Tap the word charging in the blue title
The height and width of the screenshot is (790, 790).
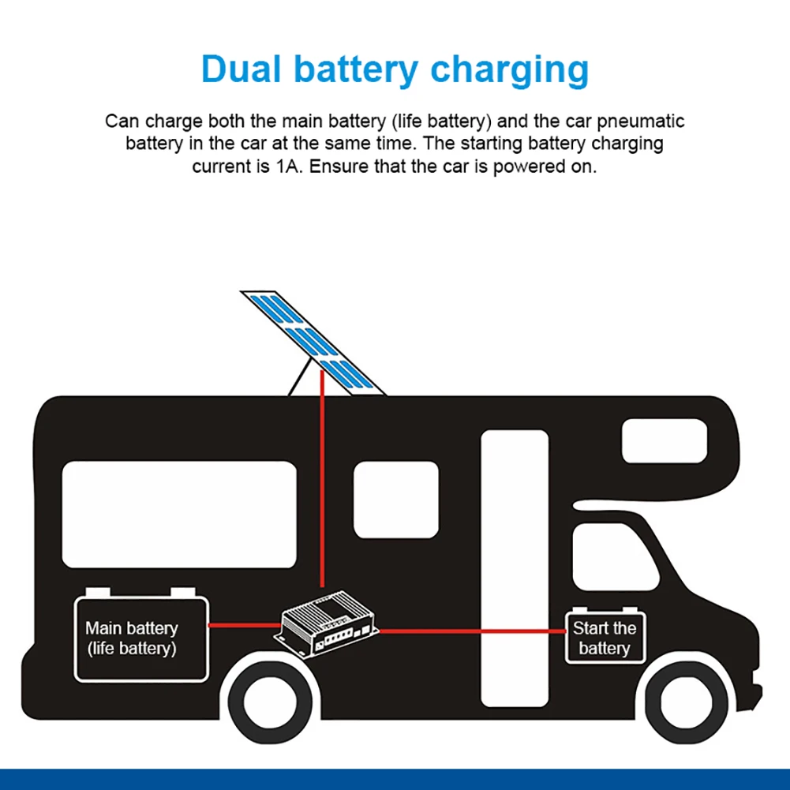click(510, 71)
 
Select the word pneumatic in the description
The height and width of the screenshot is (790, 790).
click(636, 122)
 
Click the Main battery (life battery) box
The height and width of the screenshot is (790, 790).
click(140, 638)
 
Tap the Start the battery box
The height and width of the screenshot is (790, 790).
click(605, 638)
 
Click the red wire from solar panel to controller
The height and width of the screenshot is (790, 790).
click(322, 489)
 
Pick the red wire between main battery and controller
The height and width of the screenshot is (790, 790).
click(244, 625)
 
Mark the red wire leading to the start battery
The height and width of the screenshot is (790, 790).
click(474, 631)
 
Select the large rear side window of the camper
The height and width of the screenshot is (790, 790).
click(179, 515)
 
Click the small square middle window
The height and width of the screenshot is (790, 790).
click(395, 500)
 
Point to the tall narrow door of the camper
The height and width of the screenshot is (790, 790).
click(515, 568)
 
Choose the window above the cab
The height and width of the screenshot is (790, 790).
click(665, 440)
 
